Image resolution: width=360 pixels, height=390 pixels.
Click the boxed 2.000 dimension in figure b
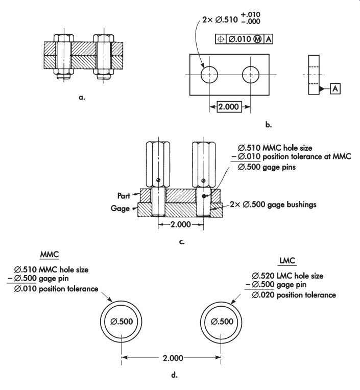(229, 107)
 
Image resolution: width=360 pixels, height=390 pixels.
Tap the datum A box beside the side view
(335, 88)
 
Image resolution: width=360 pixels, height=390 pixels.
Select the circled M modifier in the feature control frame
(258, 39)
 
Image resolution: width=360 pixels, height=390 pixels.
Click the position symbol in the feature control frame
(221, 39)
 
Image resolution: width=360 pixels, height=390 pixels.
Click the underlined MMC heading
(50, 255)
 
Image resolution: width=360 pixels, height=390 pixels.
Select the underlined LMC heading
(287, 261)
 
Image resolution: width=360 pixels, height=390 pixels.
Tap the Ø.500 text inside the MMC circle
(122, 322)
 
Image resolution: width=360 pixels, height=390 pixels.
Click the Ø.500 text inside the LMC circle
(222, 322)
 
